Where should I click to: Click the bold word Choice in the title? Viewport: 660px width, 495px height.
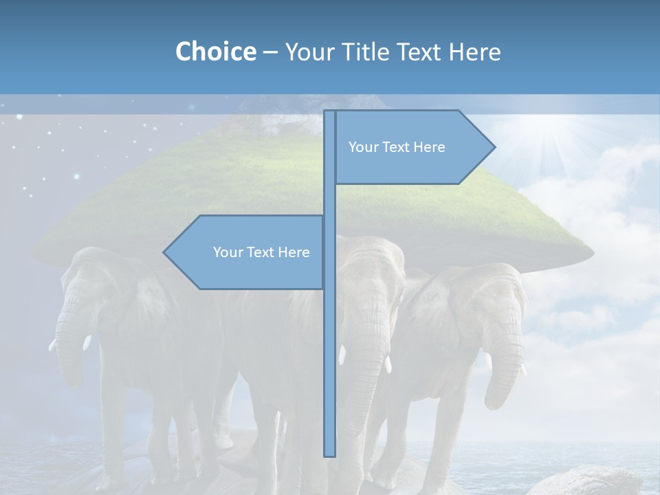[x=215, y=52]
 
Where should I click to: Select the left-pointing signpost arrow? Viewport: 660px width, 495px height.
[x=247, y=252]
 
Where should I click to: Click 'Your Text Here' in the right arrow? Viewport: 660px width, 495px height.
[x=397, y=147]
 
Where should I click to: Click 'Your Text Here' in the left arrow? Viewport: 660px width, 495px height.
[x=261, y=252]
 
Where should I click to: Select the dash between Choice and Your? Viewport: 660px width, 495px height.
[x=270, y=52]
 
